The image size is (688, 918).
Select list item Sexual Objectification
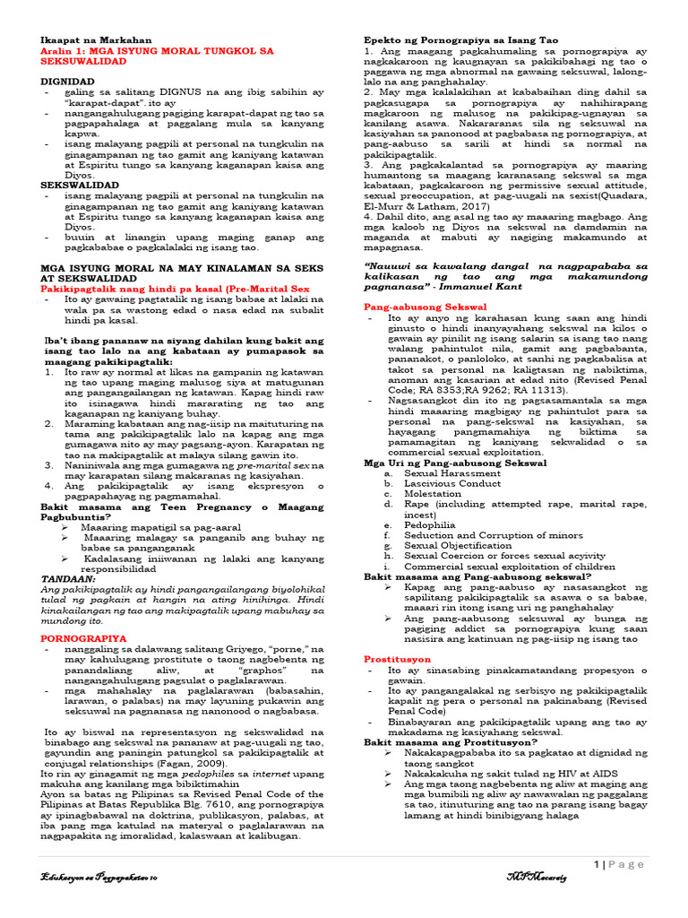pyautogui.click(x=458, y=545)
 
